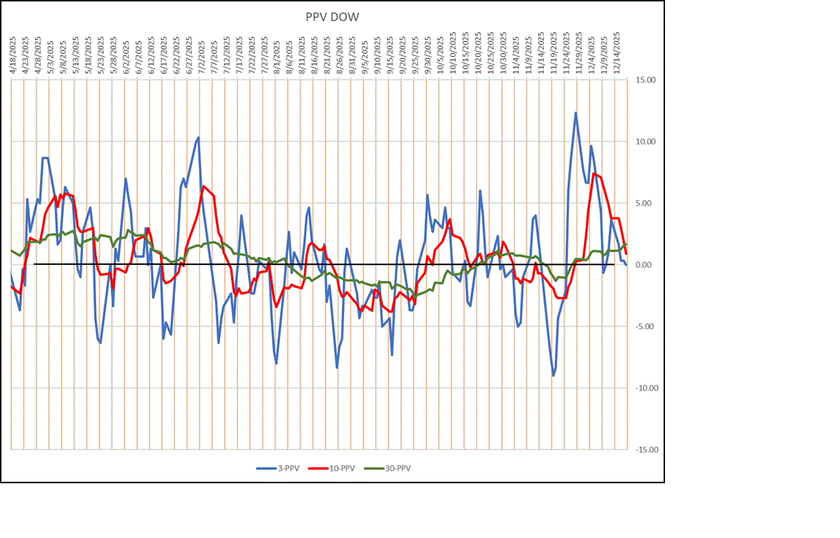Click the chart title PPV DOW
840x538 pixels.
332,17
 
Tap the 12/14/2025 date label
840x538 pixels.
617,51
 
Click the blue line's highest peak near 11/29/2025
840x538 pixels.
575,112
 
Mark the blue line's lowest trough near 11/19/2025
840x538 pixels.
553,375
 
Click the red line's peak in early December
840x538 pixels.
594,174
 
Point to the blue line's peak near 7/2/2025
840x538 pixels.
198,137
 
